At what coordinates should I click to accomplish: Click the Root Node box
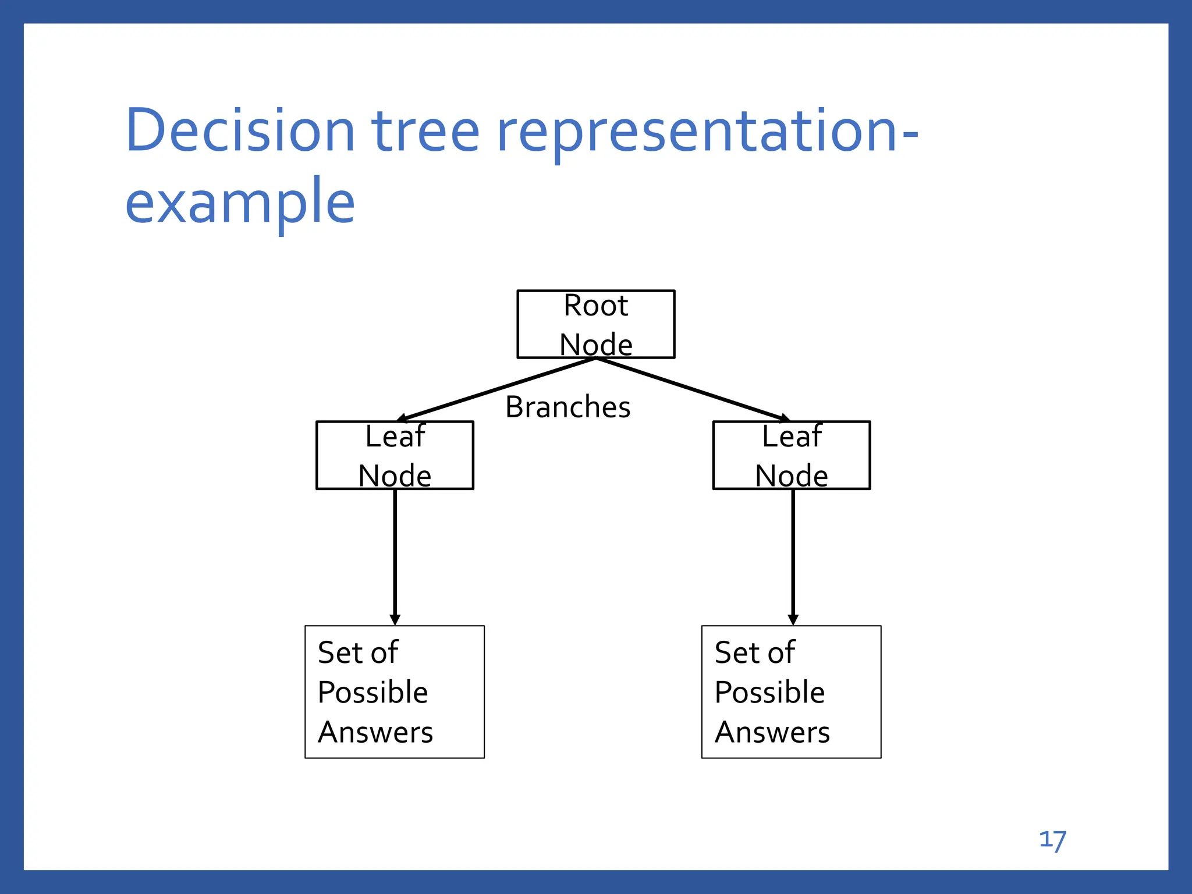tap(595, 324)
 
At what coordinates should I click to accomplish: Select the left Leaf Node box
tap(395, 455)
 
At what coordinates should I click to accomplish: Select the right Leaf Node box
tap(792, 455)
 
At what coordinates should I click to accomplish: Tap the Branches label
tap(567, 407)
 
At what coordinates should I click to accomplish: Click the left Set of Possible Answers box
tap(395, 692)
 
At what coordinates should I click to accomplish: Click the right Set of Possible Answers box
tap(791, 692)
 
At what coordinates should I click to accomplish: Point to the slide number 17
tap(1052, 840)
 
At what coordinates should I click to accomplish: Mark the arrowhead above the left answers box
tap(395, 620)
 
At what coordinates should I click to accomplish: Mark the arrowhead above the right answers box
tap(793, 620)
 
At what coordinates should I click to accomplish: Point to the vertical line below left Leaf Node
tap(395, 553)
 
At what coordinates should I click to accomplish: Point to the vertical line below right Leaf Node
tap(793, 553)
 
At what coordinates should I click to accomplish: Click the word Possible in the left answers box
tap(372, 693)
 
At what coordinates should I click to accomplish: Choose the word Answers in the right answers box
tap(772, 732)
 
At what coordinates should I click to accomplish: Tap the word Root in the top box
tap(595, 306)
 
